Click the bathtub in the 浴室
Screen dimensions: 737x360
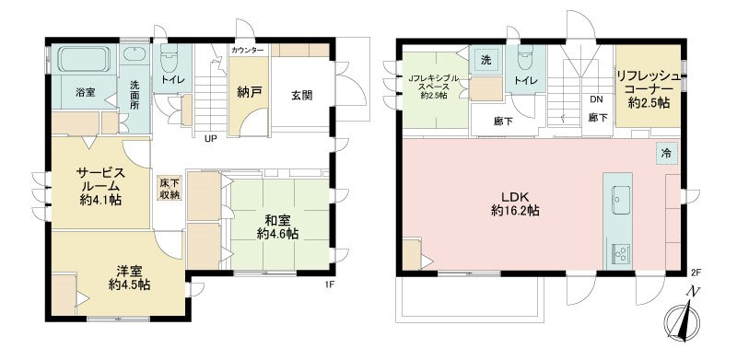[84, 59]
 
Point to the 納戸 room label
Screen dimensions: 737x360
[249, 93]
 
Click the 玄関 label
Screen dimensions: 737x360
[302, 96]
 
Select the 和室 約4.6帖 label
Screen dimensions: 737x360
[277, 226]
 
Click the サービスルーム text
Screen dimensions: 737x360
[100, 179]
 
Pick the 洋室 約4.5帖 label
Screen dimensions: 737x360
[129, 278]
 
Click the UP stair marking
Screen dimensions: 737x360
[210, 139]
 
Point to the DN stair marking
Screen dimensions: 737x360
[596, 99]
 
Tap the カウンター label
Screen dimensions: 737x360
[248, 50]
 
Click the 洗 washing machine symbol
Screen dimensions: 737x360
[486, 60]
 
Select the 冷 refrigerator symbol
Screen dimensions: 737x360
[666, 153]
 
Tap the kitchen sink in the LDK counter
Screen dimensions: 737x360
[620, 199]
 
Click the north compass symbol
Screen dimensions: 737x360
[683, 319]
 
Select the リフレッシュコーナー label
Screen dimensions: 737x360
[649, 89]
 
